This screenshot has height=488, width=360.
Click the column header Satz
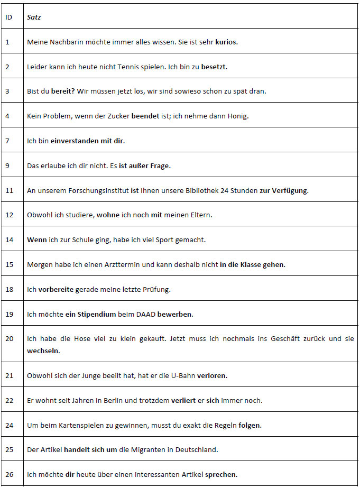(x=34, y=17)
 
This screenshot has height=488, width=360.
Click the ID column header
(x=8, y=17)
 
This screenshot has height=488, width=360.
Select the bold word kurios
(x=226, y=42)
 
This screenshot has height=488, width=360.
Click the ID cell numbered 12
(x=8, y=215)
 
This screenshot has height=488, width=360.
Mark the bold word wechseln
(x=43, y=350)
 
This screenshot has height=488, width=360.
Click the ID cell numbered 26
(x=8, y=474)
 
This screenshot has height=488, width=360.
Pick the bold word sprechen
(x=221, y=474)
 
